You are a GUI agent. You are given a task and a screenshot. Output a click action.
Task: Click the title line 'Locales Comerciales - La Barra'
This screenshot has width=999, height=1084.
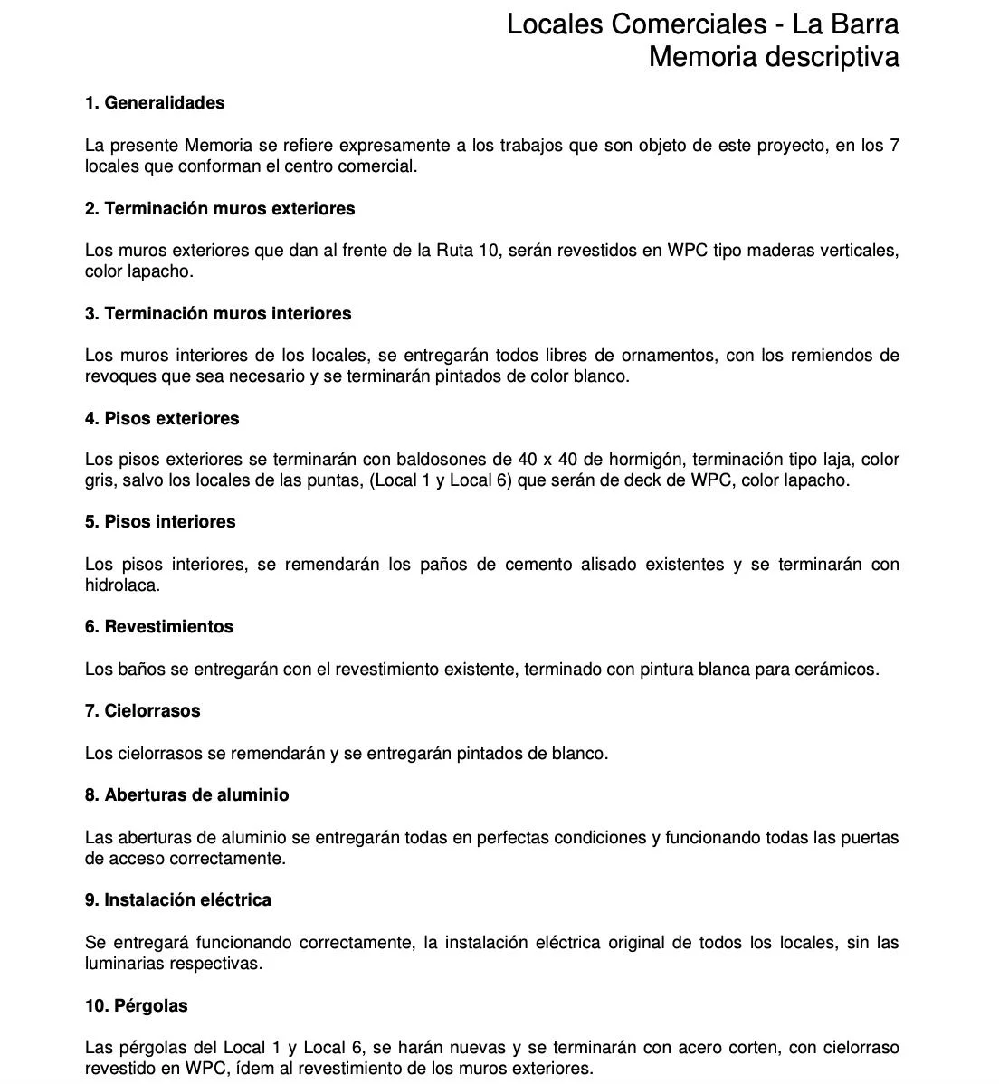click(702, 24)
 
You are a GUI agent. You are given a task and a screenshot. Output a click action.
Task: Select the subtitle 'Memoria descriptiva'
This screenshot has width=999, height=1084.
click(774, 57)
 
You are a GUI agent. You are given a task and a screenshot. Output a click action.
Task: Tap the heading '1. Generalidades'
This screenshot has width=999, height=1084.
click(155, 103)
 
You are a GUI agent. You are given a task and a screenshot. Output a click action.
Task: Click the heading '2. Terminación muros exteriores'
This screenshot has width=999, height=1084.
click(220, 209)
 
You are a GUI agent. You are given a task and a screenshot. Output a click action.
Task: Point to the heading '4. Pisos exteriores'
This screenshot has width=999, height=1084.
click(162, 419)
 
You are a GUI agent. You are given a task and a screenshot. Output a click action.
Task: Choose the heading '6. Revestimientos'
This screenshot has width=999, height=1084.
click(159, 627)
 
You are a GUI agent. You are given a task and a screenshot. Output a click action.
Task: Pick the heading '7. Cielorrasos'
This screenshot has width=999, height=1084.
click(143, 711)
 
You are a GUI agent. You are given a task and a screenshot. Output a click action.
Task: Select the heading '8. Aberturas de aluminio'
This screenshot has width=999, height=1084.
click(187, 795)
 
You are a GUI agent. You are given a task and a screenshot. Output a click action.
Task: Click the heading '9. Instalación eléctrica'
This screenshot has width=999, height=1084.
click(178, 900)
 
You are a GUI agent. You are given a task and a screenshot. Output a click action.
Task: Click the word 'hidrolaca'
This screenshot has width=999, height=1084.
click(120, 585)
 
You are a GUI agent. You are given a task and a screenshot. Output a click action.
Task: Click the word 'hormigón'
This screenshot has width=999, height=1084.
click(643, 460)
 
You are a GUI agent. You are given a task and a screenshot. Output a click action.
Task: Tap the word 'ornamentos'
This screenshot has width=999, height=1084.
click(670, 356)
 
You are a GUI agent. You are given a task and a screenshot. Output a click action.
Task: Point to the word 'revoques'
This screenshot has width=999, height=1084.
click(119, 376)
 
